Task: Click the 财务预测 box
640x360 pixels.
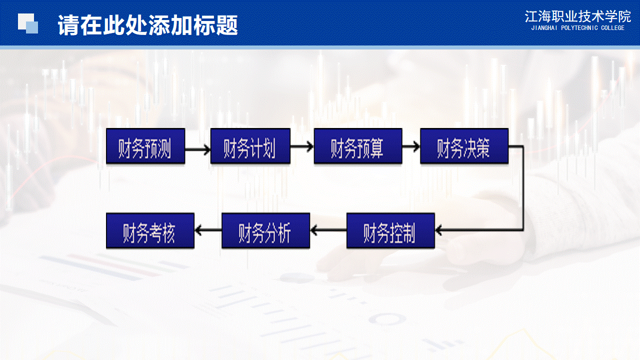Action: pyautogui.click(x=145, y=146)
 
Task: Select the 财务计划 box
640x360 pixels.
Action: pyautogui.click(x=250, y=146)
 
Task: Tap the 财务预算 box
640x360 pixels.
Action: pyautogui.click(x=358, y=146)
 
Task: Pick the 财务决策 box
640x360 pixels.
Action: pyautogui.click(x=464, y=146)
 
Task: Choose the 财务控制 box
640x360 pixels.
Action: pyautogui.click(x=390, y=230)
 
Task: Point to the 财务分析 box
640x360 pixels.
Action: pyautogui.click(x=265, y=230)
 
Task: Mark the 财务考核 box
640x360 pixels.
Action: pyautogui.click(x=150, y=230)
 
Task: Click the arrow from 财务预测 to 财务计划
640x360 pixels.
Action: pyautogui.click(x=197, y=149)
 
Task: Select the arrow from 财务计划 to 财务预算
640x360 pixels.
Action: pyautogui.click(x=301, y=146)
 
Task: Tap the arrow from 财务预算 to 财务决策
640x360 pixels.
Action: pyautogui.click(x=411, y=146)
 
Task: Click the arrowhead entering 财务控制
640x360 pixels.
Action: pyautogui.click(x=439, y=230)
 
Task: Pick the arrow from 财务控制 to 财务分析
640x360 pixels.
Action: pyautogui.click(x=328, y=230)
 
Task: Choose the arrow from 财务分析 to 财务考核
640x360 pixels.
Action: pyautogui.click(x=207, y=230)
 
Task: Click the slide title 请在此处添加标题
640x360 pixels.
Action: pyautogui.click(x=147, y=25)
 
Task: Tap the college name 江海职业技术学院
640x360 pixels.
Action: pyautogui.click(x=577, y=16)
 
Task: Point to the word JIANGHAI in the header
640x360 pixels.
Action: pyautogui.click(x=544, y=28)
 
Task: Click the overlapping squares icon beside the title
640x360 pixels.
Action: pyautogui.click(x=28, y=23)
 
